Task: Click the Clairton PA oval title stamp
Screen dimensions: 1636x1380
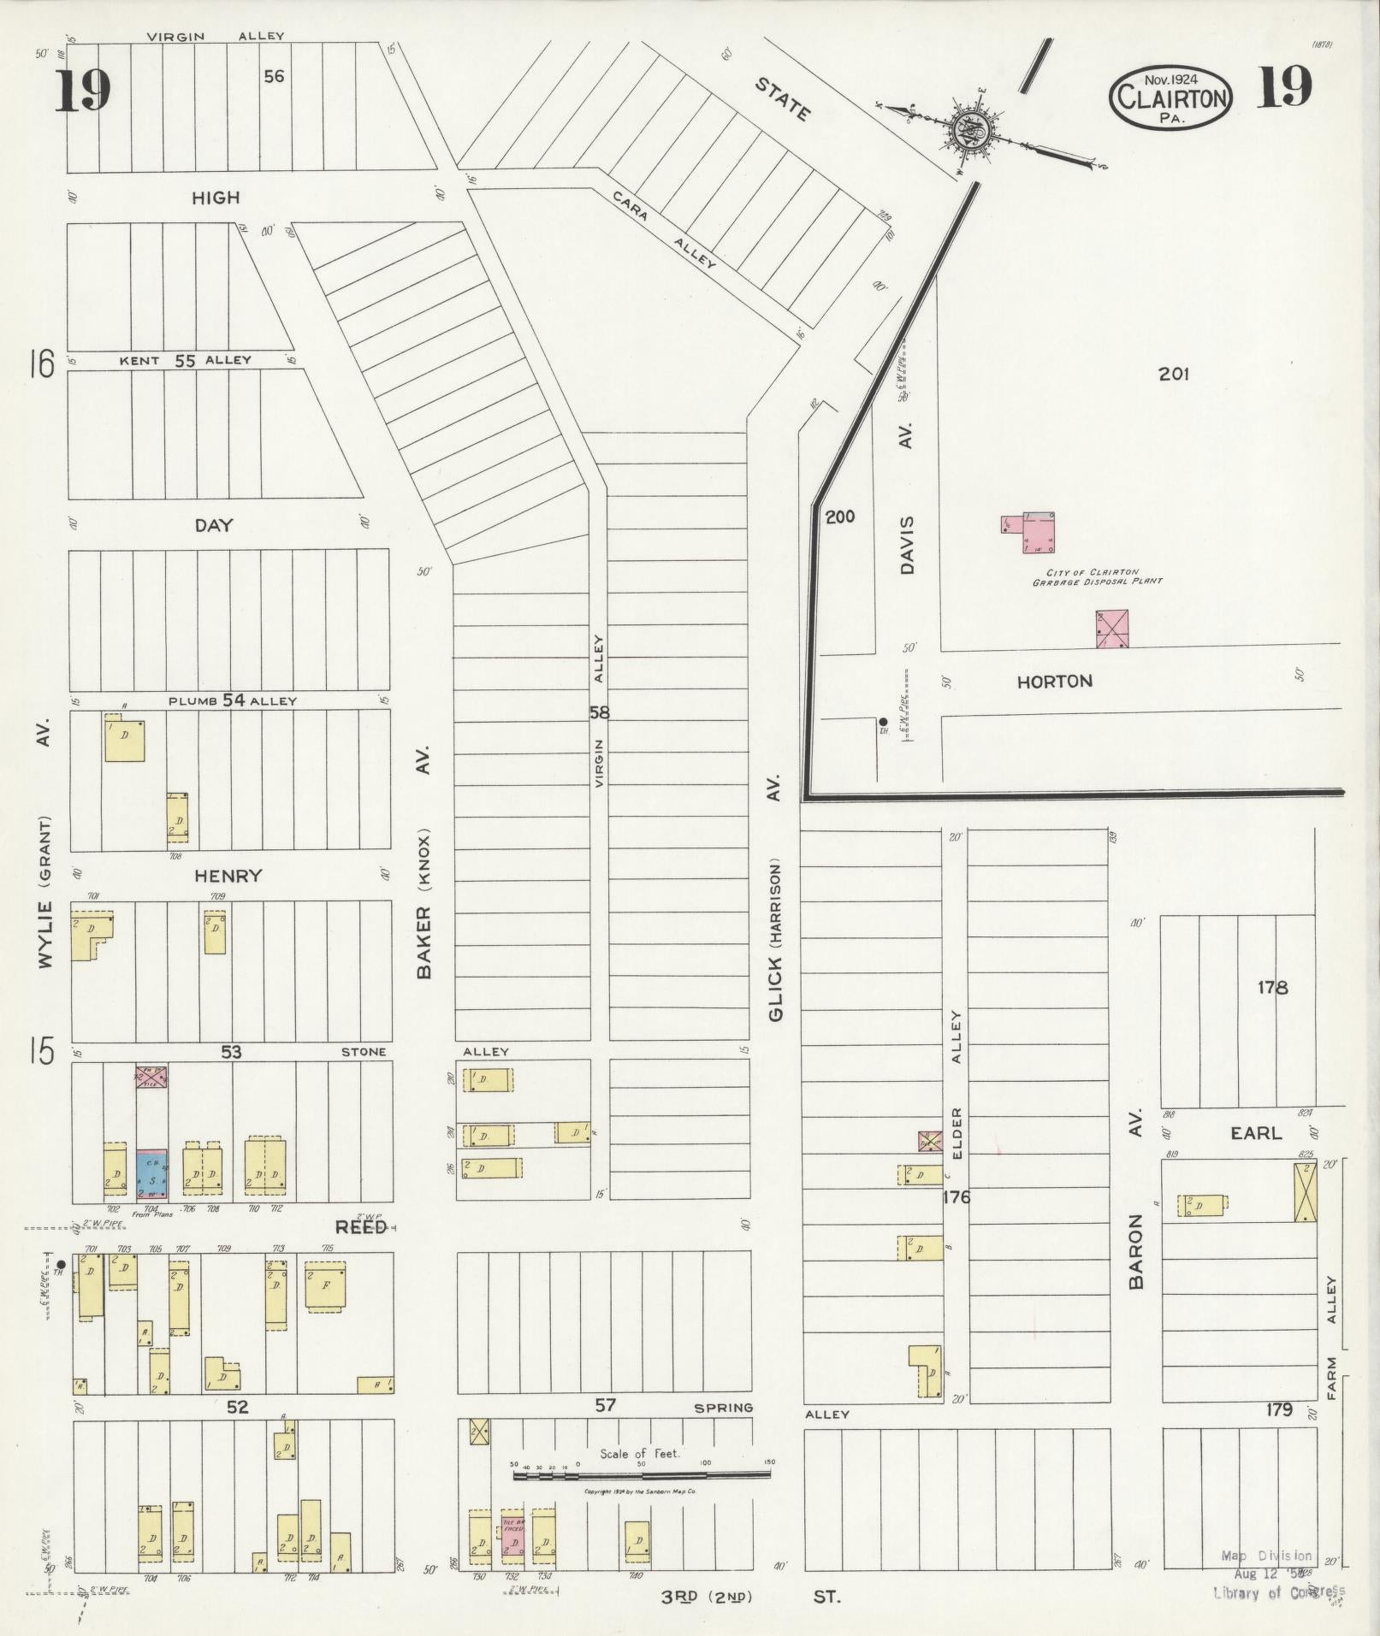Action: pyautogui.click(x=1171, y=97)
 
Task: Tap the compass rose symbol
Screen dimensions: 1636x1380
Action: pyautogui.click(x=972, y=130)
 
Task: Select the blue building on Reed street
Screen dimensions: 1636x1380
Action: pyautogui.click(x=152, y=1176)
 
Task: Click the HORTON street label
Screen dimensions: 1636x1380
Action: pyautogui.click(x=1054, y=682)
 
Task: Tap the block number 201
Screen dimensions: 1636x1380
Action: pyautogui.click(x=1174, y=374)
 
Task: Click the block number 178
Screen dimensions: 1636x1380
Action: pyautogui.click(x=1272, y=988)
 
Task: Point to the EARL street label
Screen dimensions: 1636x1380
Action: pyautogui.click(x=1256, y=1133)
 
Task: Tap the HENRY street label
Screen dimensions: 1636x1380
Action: pyautogui.click(x=228, y=876)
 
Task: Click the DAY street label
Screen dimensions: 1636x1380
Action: pyautogui.click(x=214, y=525)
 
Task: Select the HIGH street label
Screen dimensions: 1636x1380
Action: pyautogui.click(x=216, y=198)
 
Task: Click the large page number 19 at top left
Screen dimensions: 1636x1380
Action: pyautogui.click(x=83, y=91)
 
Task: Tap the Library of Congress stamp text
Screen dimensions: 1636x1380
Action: pyautogui.click(x=1278, y=1592)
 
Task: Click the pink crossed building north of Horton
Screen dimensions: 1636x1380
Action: pyautogui.click(x=1111, y=629)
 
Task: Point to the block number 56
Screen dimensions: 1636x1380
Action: pyautogui.click(x=274, y=77)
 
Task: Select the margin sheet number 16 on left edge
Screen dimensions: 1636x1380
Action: pyautogui.click(x=40, y=364)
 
